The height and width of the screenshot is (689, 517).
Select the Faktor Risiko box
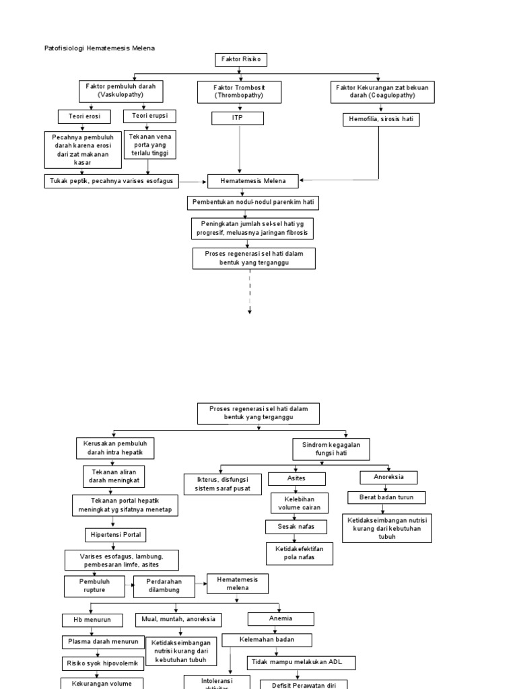point(240,60)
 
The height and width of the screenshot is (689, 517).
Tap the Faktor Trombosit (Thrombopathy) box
point(239,92)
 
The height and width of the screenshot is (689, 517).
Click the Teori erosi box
point(83,116)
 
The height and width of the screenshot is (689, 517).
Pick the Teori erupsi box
point(149,116)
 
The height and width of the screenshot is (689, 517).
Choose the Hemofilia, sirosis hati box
point(381,120)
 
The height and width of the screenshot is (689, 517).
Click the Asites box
point(296,478)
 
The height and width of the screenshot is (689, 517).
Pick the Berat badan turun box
point(386,498)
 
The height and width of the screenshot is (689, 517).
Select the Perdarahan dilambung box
point(164,585)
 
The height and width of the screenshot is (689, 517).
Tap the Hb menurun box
point(92,620)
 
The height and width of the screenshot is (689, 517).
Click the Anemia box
point(280,618)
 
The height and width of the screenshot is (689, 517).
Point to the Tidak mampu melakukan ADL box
point(301,662)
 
